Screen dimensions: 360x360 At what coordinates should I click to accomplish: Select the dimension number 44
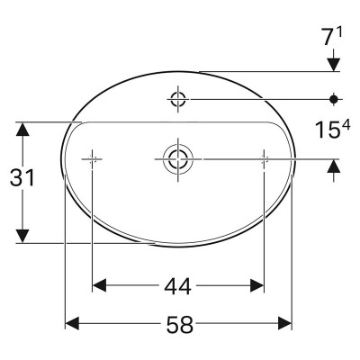click(177, 286)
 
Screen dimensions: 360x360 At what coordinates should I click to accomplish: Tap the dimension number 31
click(22, 177)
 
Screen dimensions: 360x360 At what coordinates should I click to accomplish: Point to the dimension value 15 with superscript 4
click(332, 130)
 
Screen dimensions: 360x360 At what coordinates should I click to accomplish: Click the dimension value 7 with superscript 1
click(332, 37)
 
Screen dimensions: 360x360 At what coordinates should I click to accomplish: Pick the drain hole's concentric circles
click(178, 159)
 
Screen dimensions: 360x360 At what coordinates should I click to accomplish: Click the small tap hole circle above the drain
click(178, 99)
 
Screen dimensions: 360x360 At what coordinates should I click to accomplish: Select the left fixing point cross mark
click(92, 159)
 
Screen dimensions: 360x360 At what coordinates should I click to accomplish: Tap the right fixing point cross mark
click(264, 159)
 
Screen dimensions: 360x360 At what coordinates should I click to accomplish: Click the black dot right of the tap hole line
click(333, 99)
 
